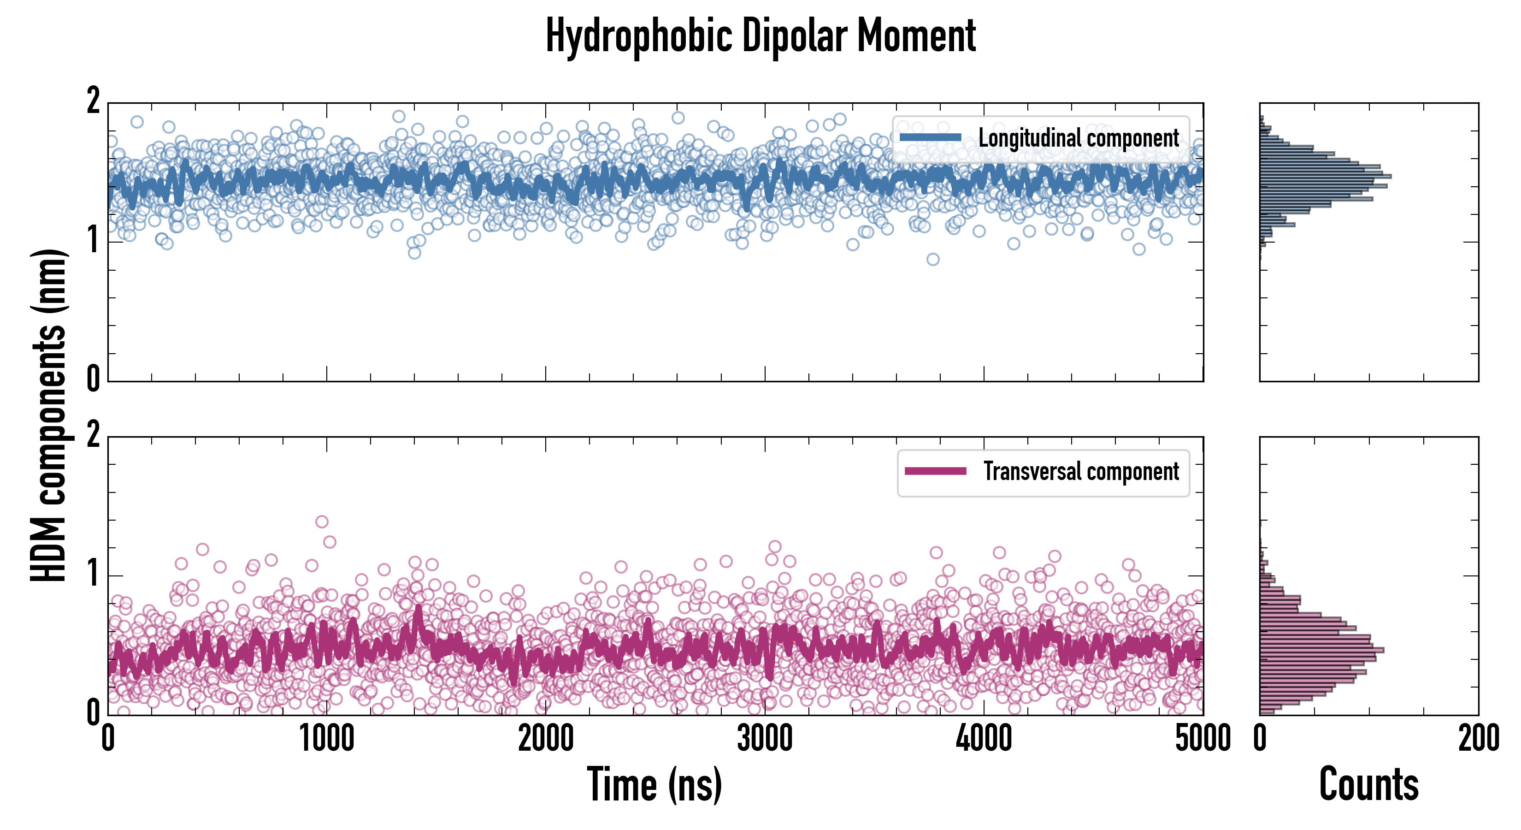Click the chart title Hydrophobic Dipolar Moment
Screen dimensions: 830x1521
click(x=760, y=36)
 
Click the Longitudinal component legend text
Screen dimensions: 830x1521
click(x=1078, y=138)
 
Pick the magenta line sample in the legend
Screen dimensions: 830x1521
click(x=935, y=471)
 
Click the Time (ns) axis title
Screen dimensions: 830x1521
click(x=654, y=784)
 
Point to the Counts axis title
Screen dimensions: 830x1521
click(x=1368, y=784)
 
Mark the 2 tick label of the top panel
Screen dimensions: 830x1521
click(x=93, y=101)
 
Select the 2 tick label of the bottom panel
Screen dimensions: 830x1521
click(x=93, y=435)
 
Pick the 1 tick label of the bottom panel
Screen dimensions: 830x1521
click(x=93, y=574)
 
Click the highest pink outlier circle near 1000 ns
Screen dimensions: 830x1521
click(x=322, y=522)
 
